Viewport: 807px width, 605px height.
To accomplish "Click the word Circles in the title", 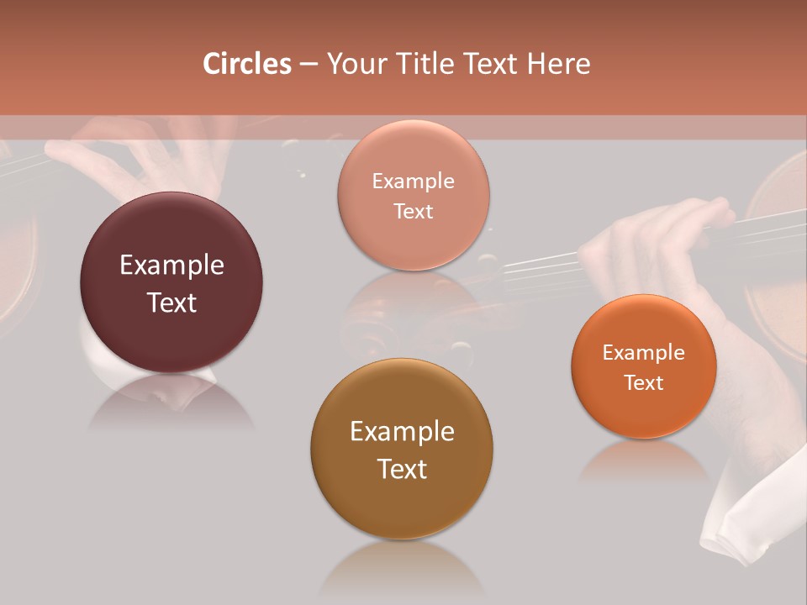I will (247, 64).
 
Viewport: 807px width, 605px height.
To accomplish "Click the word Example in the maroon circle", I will (171, 266).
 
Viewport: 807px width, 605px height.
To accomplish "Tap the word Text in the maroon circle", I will (171, 302).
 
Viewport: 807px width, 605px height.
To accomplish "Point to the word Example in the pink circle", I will (414, 181).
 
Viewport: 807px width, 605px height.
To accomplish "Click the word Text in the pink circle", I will (414, 212).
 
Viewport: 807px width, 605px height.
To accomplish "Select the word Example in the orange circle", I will (644, 353).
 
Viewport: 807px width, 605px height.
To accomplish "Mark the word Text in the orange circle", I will (644, 383).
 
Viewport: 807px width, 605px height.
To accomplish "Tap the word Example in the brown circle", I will (402, 432).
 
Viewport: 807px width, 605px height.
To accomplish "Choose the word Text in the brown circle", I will (402, 469).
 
